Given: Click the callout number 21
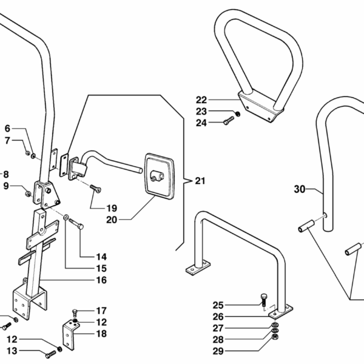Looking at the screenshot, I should [x=201, y=180].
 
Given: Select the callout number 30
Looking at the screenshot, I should [x=300, y=190].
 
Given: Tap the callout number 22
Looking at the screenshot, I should [x=201, y=99].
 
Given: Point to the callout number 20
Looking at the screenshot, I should [x=112, y=220].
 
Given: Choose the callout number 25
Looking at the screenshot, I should [x=218, y=305].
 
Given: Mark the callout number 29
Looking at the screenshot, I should [x=218, y=351].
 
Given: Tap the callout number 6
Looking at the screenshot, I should [x=7, y=129].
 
